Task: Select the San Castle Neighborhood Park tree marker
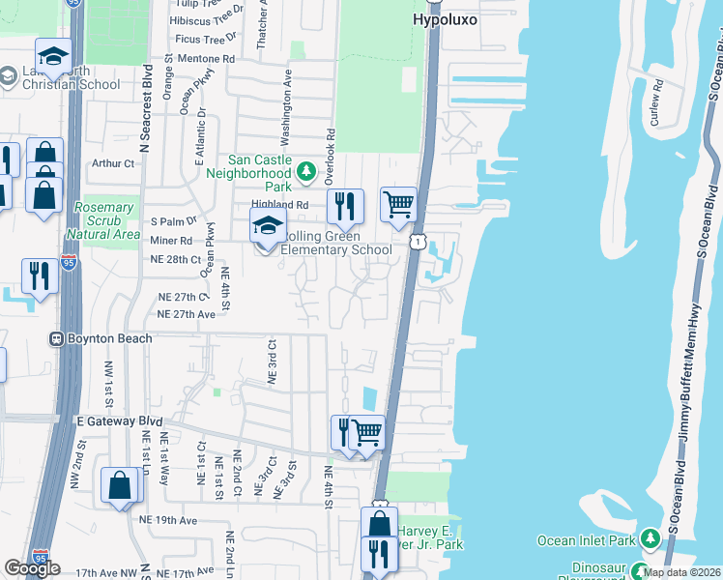pos(306,172)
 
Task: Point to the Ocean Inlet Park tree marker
pos(651,537)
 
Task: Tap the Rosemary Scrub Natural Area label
pos(103,220)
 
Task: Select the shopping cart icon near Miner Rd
pos(398,204)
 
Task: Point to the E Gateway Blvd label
pos(118,421)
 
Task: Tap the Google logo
pos(32,568)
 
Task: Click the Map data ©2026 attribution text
pos(681,572)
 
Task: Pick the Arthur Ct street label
pos(113,163)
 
